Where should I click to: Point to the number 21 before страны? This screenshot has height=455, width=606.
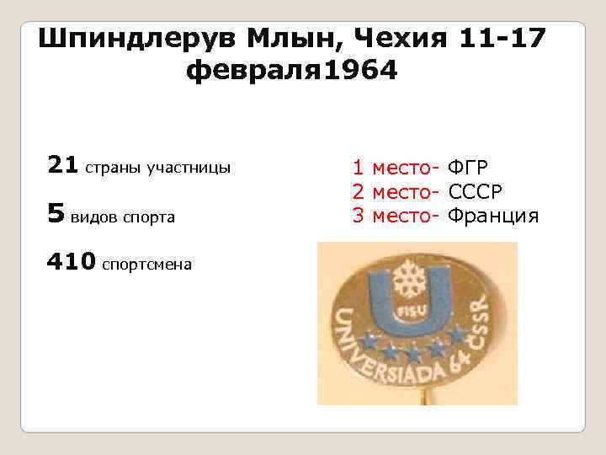click(x=62, y=165)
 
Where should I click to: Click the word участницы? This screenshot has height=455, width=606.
click(x=189, y=168)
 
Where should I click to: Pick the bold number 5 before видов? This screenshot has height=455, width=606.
click(x=56, y=215)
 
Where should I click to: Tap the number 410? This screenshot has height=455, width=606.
click(x=72, y=262)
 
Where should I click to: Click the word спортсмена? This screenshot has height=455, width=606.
click(x=146, y=265)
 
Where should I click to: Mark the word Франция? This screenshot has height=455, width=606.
click(x=492, y=216)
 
